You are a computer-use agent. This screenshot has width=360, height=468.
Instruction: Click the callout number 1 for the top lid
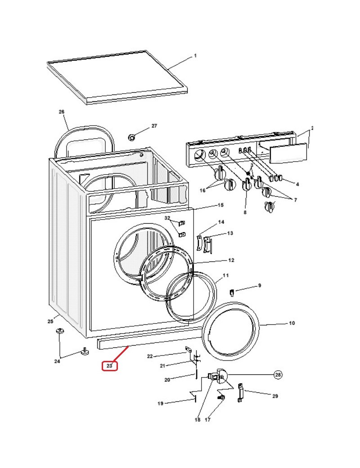[x=195, y=56]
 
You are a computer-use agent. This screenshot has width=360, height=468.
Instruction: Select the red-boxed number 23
[x=109, y=366]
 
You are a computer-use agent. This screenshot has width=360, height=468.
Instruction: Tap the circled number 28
[x=278, y=375]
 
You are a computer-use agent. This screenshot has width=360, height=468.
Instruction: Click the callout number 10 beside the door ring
[x=292, y=324]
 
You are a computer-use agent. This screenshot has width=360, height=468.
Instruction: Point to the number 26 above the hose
[x=62, y=112]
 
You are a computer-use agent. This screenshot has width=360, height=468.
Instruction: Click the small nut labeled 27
[x=132, y=137]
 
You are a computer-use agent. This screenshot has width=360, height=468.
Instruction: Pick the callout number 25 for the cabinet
[x=50, y=321]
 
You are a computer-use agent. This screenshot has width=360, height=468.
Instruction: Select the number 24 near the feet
[x=57, y=361]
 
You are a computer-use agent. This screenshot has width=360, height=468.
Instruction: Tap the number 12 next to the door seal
[x=231, y=261]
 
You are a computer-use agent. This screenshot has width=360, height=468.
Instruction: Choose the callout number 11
[x=225, y=275]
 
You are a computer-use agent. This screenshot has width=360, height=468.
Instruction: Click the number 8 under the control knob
[x=245, y=212]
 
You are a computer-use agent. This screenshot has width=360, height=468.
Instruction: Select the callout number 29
[x=275, y=396]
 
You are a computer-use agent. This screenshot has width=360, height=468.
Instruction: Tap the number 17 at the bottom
[x=208, y=420]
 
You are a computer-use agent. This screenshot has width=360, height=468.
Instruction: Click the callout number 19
[x=160, y=404]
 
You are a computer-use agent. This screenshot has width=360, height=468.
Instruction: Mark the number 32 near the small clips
[x=167, y=218]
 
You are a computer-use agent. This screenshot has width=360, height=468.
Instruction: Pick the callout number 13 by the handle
[x=230, y=233]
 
